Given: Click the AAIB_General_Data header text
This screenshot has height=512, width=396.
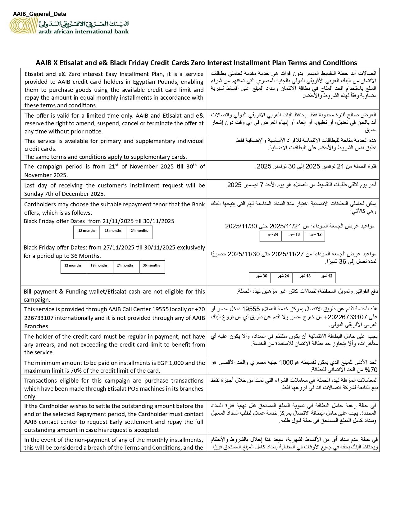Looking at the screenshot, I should point(39,14).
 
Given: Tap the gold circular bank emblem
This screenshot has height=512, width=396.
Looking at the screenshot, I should point(22,26).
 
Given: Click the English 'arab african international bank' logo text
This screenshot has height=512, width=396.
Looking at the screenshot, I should point(83,31).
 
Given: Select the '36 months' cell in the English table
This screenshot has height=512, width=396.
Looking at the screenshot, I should point(152,266).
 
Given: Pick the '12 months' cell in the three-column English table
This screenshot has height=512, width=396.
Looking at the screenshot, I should point(87,231).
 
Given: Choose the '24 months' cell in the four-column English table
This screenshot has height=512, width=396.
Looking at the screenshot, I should point(125,266).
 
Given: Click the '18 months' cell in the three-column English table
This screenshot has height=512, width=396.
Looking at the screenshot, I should point(113,231).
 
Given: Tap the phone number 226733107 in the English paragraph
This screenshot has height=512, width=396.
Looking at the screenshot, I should point(39,318).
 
